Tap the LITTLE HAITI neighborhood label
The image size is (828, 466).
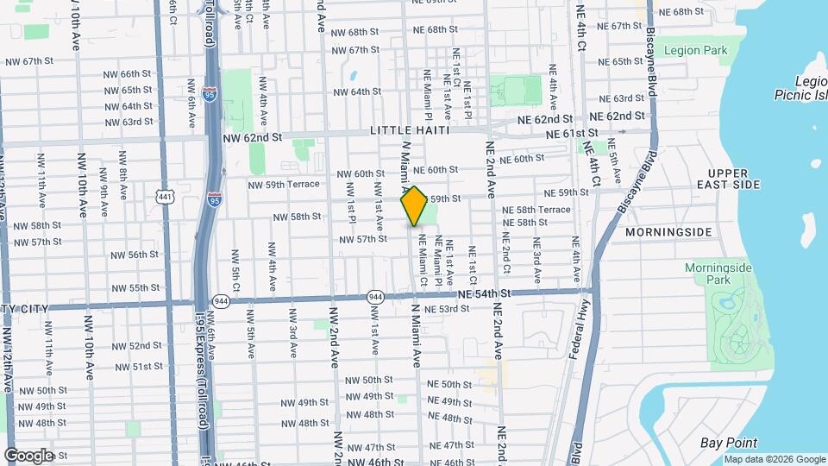click(411, 130)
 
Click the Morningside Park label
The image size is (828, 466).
click(718, 274)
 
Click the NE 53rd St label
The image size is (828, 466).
click(442, 308)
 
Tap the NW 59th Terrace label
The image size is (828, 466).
click(284, 185)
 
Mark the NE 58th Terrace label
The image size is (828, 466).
click(536, 210)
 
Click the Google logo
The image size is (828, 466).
click(28, 455)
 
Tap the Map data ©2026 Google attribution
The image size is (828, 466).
click(775, 459)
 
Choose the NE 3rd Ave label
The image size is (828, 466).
click(536, 263)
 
